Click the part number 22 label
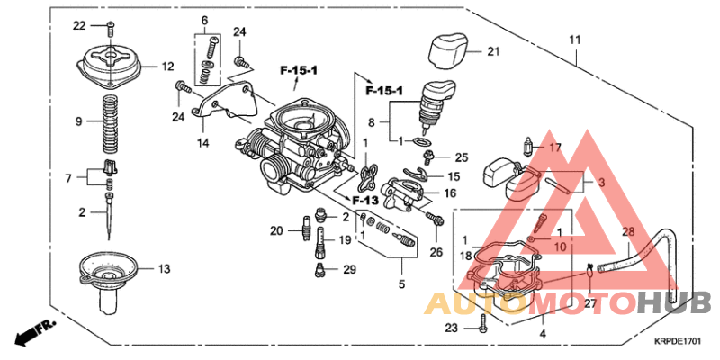click(78, 24)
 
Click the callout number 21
click(492, 51)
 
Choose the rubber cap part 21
click(447, 49)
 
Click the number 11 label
click(575, 40)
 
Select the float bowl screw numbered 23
click(484, 329)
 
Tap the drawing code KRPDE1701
click(678, 341)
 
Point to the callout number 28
click(628, 233)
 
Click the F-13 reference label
click(364, 199)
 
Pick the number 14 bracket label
click(203, 142)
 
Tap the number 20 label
click(276, 231)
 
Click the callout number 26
click(436, 251)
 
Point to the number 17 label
click(555, 148)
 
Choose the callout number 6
click(204, 20)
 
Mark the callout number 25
click(462, 157)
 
